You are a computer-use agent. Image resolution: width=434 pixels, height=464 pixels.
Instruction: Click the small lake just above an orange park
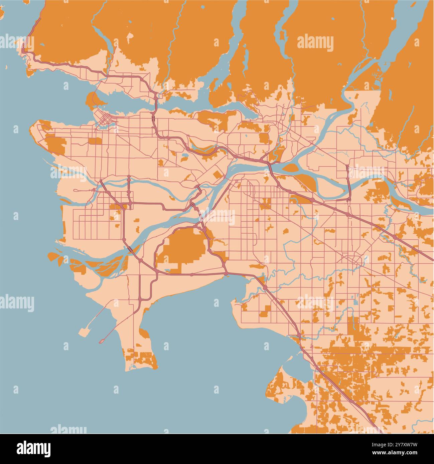pos(185,156)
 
